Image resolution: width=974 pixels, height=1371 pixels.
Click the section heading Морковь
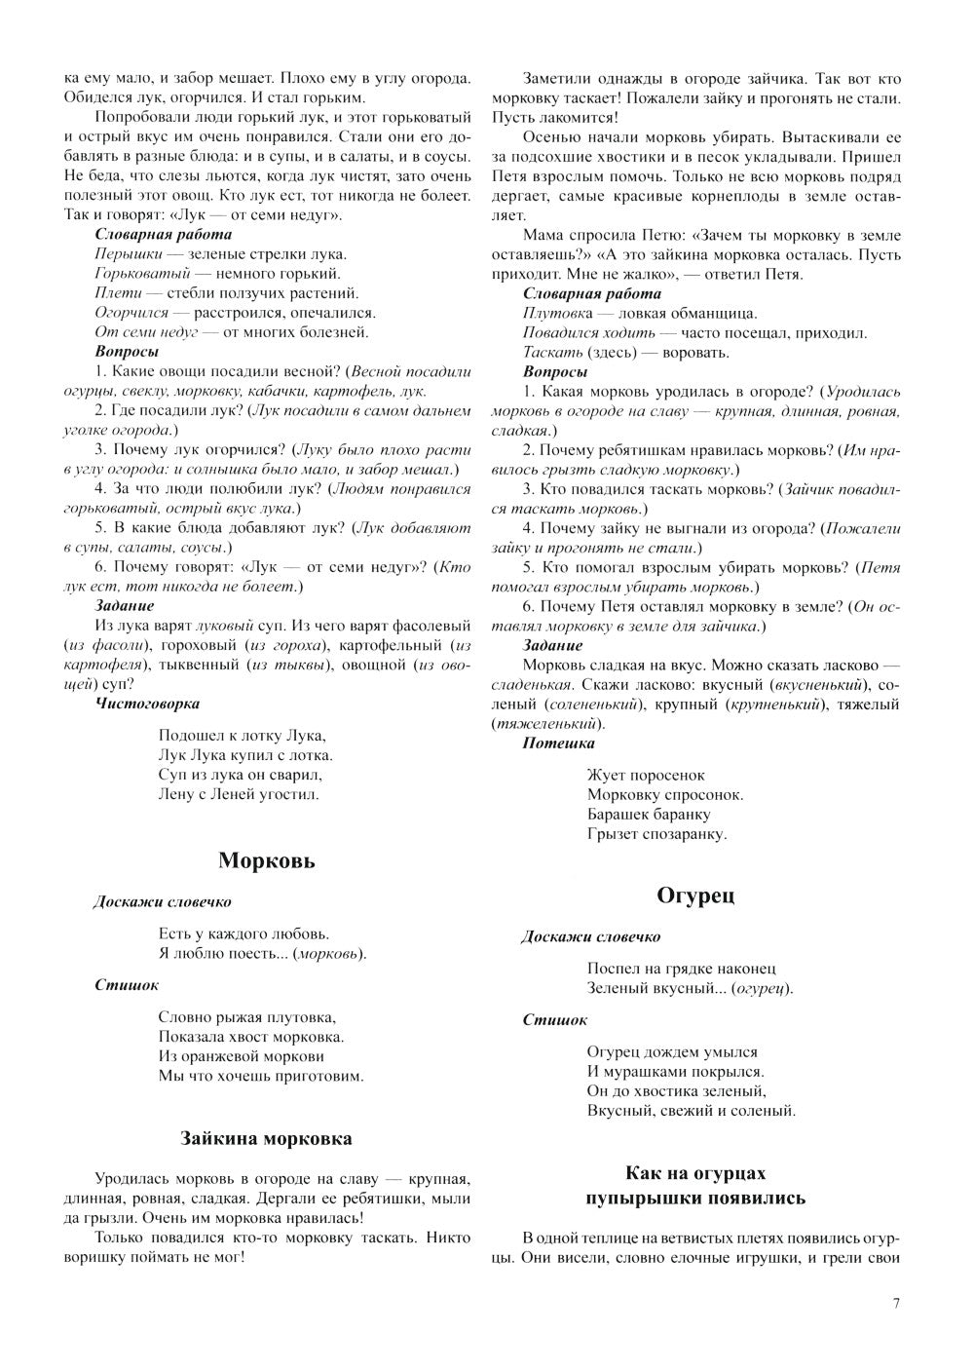tap(266, 860)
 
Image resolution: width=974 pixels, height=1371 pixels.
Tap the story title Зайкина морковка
tap(266, 1138)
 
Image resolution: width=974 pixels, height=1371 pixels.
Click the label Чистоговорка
tap(147, 703)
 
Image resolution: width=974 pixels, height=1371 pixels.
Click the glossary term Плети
tap(114, 293)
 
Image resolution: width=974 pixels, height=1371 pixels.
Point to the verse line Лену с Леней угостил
tap(238, 794)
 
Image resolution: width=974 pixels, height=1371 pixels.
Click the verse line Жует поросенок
tap(645, 775)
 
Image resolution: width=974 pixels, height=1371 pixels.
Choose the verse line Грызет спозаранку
tap(656, 833)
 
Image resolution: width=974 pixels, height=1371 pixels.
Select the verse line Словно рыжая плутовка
tap(246, 1016)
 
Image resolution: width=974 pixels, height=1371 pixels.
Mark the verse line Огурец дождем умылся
tap(672, 1051)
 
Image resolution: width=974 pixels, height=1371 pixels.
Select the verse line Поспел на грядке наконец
tap(681, 969)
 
